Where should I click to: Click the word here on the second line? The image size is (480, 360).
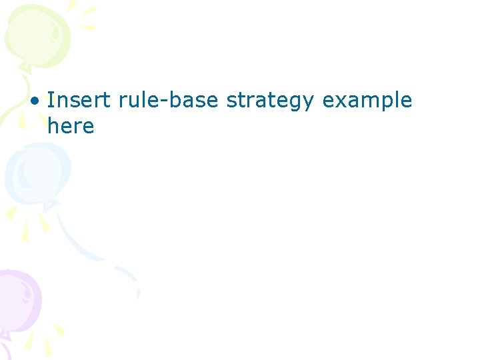coord(71,126)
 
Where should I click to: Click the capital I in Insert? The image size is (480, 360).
coord(51,100)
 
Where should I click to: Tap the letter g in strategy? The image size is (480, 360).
coord(297,104)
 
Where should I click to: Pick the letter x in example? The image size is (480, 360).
coord(338,102)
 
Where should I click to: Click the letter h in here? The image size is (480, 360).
coord(53,125)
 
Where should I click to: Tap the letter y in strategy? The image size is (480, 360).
coord(310,104)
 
